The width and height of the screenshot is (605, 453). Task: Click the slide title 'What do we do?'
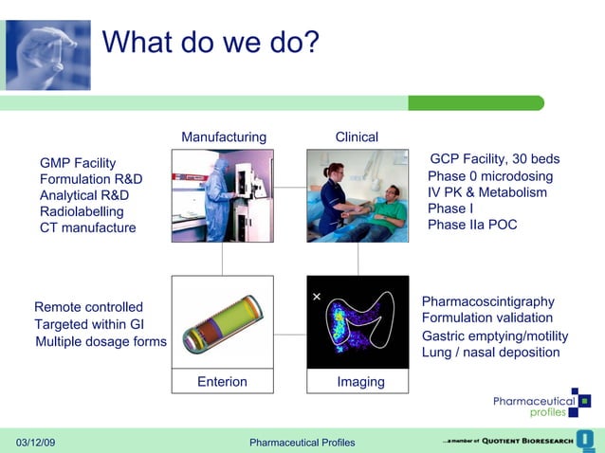pyautogui.click(x=210, y=43)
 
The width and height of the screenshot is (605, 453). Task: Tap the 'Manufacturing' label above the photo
pyautogui.click(x=224, y=137)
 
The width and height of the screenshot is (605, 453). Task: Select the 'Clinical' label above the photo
pyautogui.click(x=357, y=137)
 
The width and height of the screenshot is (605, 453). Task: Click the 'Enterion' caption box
pyautogui.click(x=222, y=382)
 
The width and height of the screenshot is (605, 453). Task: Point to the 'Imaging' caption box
pyautogui.click(x=360, y=382)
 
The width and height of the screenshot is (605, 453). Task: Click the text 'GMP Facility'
pyautogui.click(x=78, y=163)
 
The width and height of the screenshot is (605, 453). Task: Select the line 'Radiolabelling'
pyautogui.click(x=82, y=211)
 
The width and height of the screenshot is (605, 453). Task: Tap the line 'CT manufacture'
pyautogui.click(x=87, y=227)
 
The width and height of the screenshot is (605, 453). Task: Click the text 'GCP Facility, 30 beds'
pyautogui.click(x=494, y=159)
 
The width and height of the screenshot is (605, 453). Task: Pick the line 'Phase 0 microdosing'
pyautogui.click(x=489, y=176)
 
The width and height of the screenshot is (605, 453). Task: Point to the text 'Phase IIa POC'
pyautogui.click(x=472, y=225)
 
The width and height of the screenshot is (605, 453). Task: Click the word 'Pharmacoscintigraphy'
pyautogui.click(x=486, y=301)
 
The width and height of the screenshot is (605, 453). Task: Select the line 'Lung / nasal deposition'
pyautogui.click(x=490, y=353)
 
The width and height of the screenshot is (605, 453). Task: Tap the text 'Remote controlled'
pyautogui.click(x=88, y=307)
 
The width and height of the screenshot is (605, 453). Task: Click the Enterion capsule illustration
pyautogui.click(x=222, y=323)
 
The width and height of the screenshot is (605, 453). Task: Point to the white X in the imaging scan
pyautogui.click(x=317, y=298)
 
